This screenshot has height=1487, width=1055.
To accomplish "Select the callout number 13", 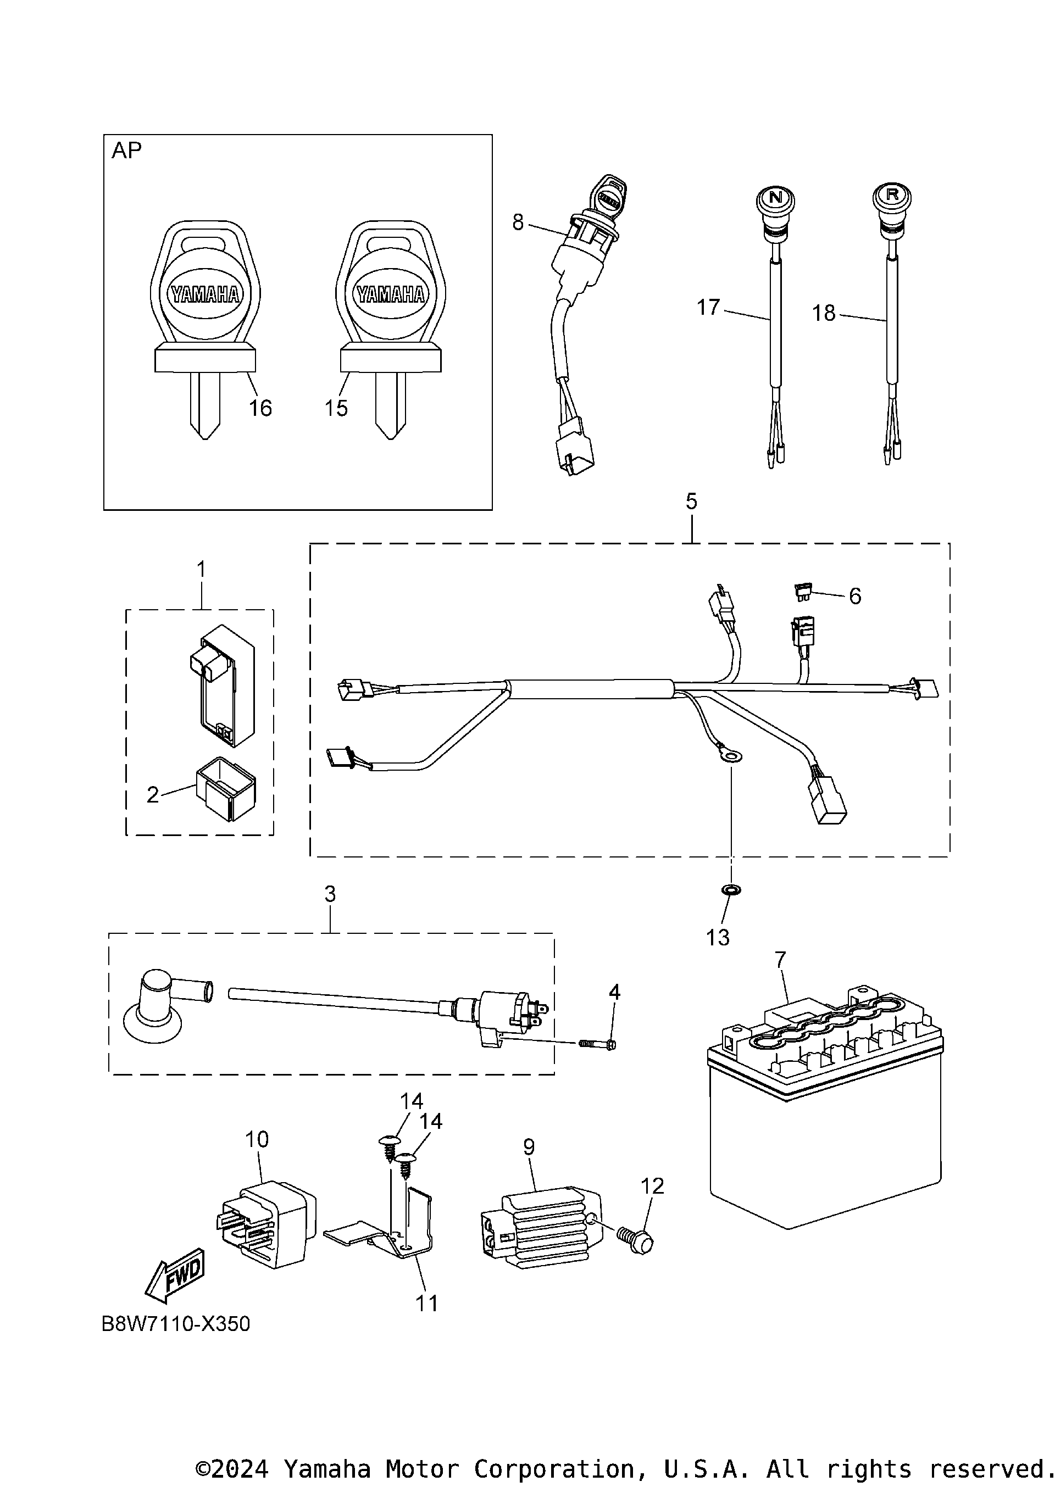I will (x=717, y=938).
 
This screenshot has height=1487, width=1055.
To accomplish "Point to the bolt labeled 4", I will (x=596, y=1045).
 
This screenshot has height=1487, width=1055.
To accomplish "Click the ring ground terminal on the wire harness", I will (x=730, y=755).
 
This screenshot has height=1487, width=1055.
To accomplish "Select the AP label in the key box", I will (x=127, y=151).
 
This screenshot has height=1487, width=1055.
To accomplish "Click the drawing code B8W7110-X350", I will (x=175, y=1324).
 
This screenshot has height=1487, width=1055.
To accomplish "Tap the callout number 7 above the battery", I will (x=780, y=960).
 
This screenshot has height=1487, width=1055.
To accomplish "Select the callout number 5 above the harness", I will (x=691, y=502).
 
